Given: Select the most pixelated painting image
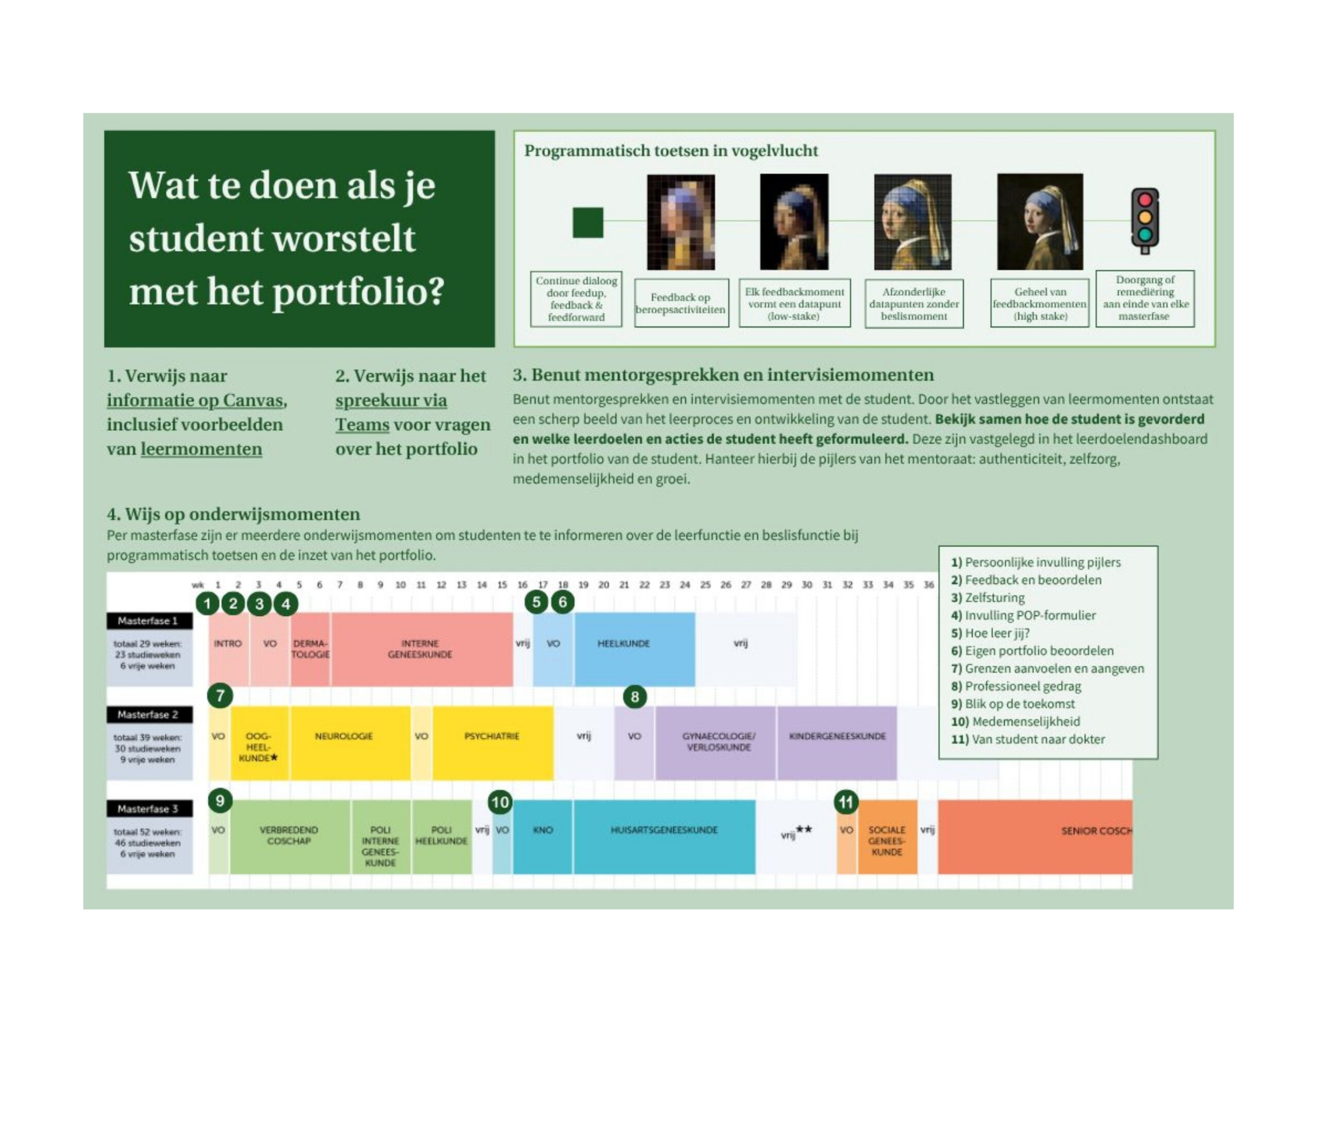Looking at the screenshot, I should [681, 222].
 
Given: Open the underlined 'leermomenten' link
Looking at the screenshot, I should [201, 449].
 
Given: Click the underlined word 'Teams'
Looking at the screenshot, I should [362, 425].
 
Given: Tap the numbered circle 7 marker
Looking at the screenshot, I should [220, 695].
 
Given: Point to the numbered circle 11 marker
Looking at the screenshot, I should [845, 802].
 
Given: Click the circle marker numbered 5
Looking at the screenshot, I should [536, 602].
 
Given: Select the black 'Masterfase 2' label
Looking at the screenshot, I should [148, 715].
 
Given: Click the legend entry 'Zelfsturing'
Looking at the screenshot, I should [994, 597].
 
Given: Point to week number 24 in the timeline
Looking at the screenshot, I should [684, 585].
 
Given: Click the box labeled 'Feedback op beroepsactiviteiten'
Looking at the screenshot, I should [681, 303].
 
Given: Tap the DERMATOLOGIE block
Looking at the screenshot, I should [310, 649].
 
